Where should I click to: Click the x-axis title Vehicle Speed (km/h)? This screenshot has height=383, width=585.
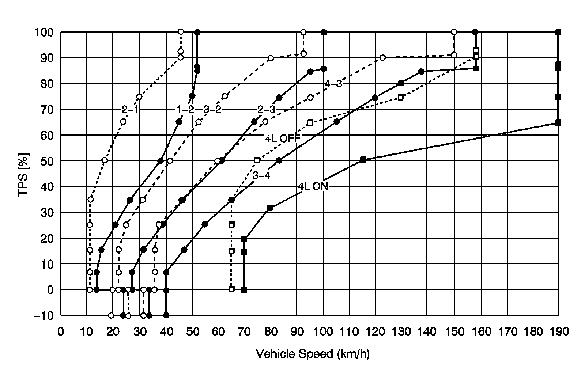(x=313, y=354)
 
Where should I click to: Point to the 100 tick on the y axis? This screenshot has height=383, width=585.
(x=45, y=32)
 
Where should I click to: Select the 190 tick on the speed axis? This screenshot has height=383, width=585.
(x=558, y=332)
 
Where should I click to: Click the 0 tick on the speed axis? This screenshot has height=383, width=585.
(x=61, y=332)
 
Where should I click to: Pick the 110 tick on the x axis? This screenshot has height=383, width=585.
(x=350, y=332)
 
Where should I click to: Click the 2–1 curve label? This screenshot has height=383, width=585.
(x=130, y=109)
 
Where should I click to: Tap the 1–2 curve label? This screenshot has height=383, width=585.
(x=185, y=109)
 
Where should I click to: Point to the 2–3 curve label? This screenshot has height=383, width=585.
(x=266, y=109)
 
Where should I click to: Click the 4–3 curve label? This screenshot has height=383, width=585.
(x=333, y=84)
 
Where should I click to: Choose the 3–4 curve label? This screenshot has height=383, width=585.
(x=261, y=176)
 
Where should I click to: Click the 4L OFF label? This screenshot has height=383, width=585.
(x=282, y=138)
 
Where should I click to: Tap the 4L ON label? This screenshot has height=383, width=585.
(x=313, y=186)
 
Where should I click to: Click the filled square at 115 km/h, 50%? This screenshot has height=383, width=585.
(x=363, y=159)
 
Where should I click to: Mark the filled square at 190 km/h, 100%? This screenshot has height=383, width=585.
(x=558, y=32)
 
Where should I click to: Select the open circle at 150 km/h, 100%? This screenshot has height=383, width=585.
(x=454, y=32)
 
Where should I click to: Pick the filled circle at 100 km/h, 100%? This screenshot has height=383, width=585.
(x=324, y=32)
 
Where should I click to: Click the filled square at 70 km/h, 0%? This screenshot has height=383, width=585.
(x=244, y=290)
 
